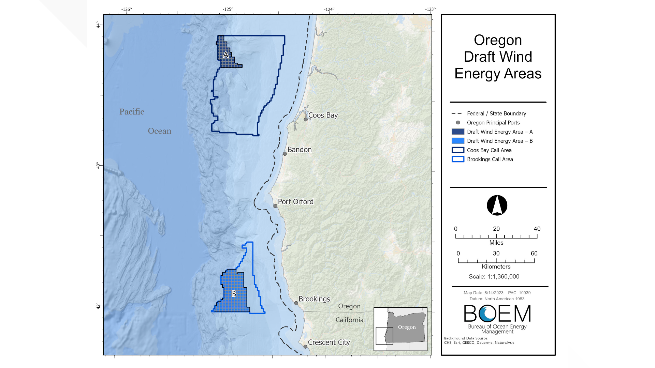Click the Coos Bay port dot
tap(306, 119)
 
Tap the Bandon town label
tap(300, 150)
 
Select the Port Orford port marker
tap(275, 206)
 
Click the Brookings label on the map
tap(314, 299)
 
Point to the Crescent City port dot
tap(305, 347)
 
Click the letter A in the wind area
tap(225, 55)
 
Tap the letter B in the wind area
tap(234, 293)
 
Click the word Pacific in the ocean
tap(132, 112)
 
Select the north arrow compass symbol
tap(497, 205)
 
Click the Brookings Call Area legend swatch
tap(458, 159)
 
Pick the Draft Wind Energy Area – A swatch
tap(458, 132)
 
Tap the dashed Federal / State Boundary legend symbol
tap(456, 113)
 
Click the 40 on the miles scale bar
tap(537, 229)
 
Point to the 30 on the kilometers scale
tap(496, 254)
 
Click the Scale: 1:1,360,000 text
tap(494, 277)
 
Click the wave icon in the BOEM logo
tap(487, 313)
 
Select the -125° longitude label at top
tap(228, 9)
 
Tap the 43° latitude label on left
tap(98, 166)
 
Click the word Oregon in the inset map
tap(407, 327)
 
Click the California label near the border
tap(349, 320)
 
